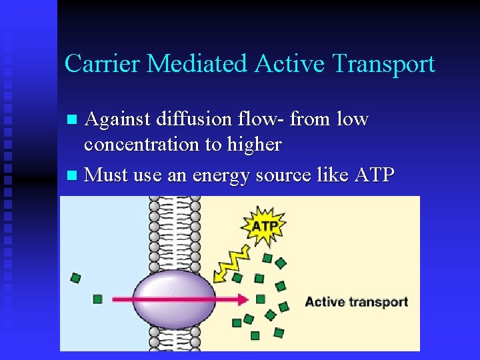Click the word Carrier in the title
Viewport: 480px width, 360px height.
pos(102,64)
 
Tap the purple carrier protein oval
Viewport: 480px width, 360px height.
pos(174,299)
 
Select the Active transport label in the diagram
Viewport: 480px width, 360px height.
pos(356,301)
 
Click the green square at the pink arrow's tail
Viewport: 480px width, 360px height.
pos(98,299)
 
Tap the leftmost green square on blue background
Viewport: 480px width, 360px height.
pos(76,277)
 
